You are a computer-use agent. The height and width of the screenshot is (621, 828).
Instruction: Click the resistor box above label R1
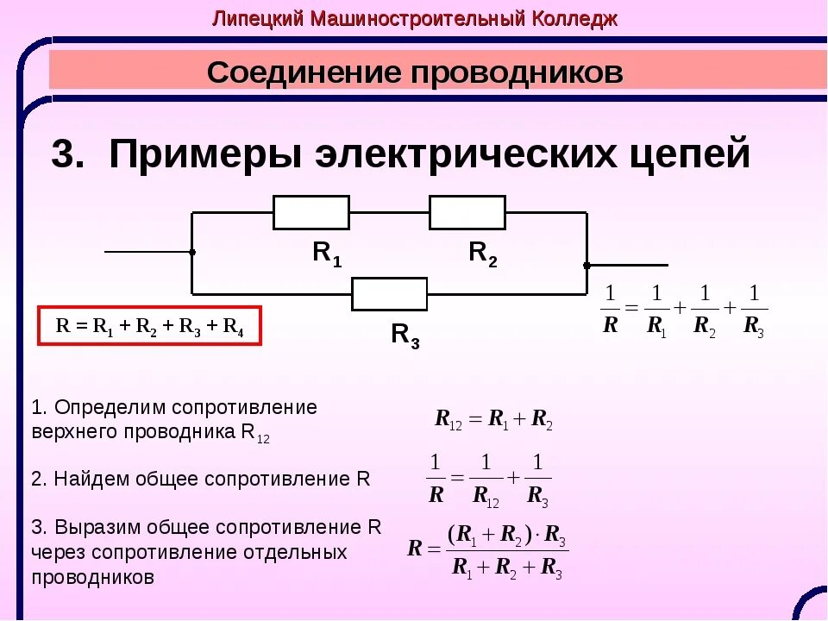click(311, 212)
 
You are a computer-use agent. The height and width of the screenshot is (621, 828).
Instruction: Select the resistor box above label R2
click(467, 212)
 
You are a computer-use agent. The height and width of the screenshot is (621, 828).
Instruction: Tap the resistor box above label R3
click(389, 293)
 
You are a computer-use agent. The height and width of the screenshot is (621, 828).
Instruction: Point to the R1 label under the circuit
click(327, 254)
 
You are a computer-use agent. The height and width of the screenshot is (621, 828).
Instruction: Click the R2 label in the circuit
click(483, 254)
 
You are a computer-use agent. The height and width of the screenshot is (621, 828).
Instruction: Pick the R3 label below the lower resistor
click(405, 335)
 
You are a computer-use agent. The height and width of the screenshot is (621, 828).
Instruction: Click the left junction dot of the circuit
click(192, 252)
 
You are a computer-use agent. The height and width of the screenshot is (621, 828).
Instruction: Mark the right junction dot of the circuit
click(586, 265)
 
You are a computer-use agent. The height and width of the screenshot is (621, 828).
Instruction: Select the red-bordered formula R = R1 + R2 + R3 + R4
click(148, 327)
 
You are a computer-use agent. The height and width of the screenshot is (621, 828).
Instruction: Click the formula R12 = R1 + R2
click(493, 420)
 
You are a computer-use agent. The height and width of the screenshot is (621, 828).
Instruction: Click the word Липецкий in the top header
click(251, 19)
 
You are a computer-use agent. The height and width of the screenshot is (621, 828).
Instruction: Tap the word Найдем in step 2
click(87, 480)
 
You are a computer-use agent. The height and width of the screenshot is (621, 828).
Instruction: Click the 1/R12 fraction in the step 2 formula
click(486, 479)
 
